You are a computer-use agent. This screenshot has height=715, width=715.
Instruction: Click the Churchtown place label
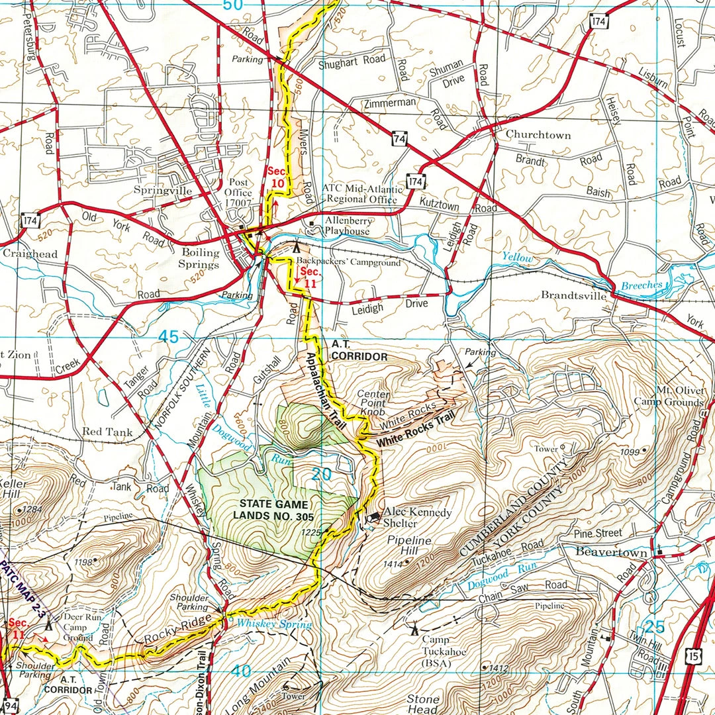538,134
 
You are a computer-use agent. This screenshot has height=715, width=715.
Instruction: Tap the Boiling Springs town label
201,258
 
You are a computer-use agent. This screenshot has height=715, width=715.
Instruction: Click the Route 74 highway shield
399,140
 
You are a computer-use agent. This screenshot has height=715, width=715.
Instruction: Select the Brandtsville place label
573,295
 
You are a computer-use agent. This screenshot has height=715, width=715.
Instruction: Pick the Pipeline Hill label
409,546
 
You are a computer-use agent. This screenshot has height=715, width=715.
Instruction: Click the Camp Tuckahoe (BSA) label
445,651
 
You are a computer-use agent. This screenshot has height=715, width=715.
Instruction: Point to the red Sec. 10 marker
277,177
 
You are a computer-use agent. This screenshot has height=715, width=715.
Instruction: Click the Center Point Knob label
374,403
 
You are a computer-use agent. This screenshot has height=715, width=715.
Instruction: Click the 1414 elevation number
393,564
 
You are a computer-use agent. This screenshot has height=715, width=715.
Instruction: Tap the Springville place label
162,191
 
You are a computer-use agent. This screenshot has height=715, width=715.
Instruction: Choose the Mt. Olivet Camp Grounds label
669,397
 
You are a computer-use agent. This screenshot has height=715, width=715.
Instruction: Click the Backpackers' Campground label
348,262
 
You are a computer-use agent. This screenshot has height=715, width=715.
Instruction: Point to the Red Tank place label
107,432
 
